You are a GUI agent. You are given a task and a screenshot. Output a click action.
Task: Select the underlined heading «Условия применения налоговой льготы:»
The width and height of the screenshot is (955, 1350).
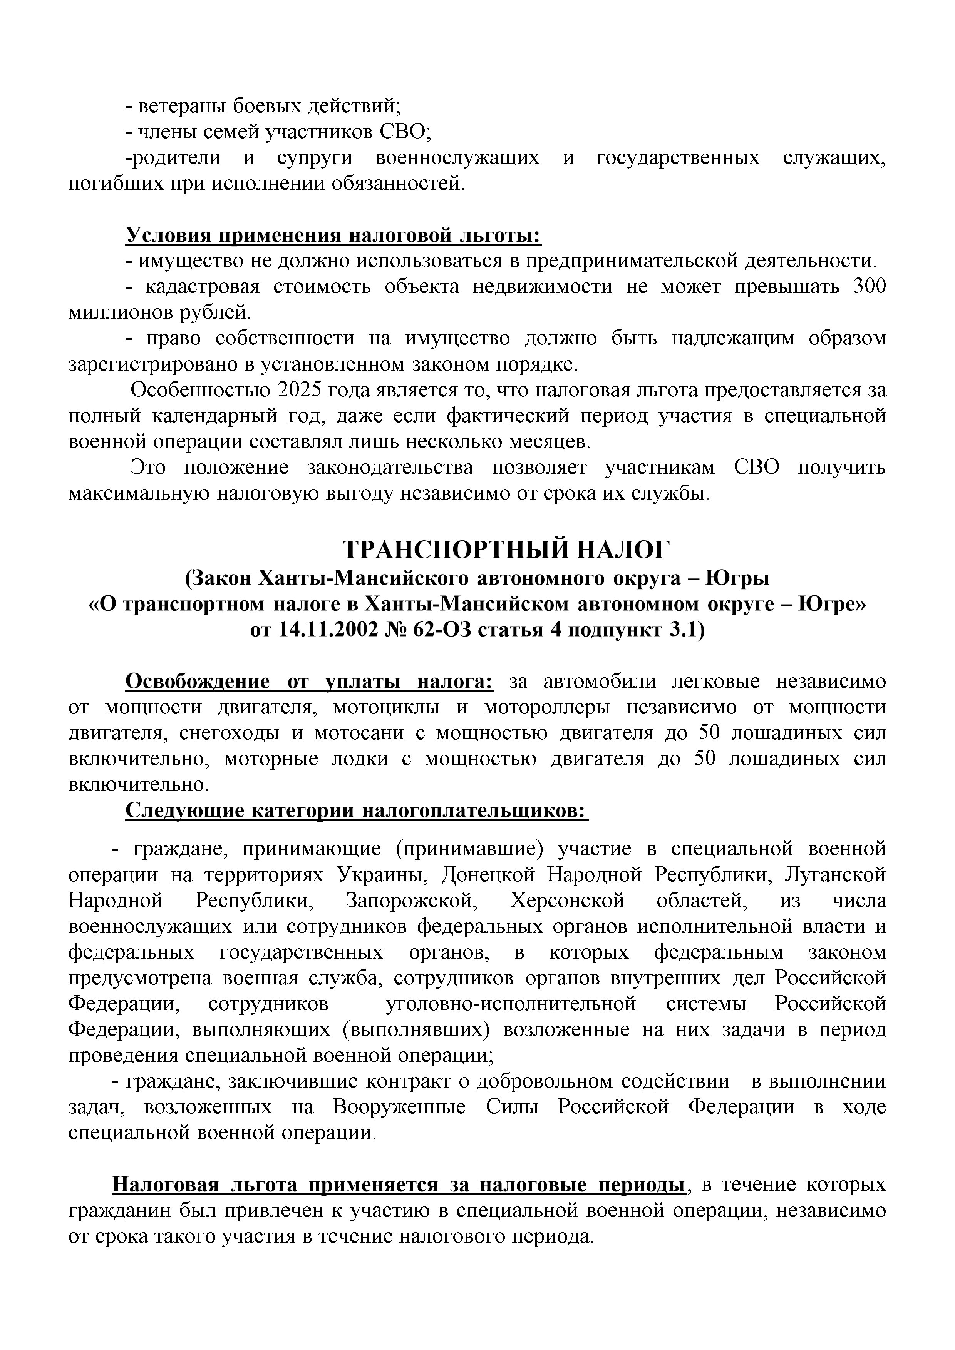(x=333, y=236)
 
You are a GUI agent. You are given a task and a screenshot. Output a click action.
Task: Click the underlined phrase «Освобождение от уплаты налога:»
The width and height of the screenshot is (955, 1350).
(x=310, y=682)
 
